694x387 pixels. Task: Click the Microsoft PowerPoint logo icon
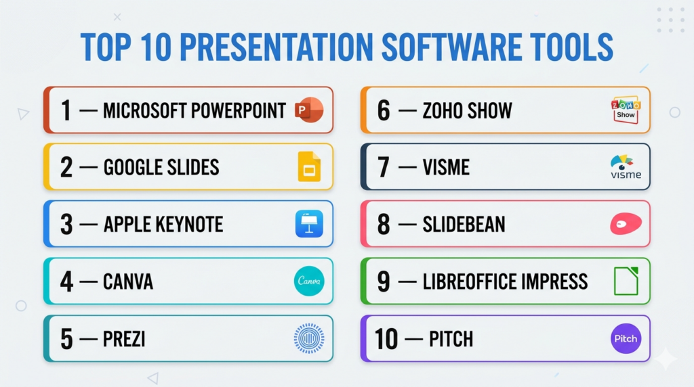pos(309,110)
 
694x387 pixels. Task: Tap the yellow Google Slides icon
pos(309,166)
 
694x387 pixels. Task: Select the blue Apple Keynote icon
pos(309,224)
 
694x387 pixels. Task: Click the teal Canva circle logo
pos(309,281)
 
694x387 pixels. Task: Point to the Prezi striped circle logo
pos(309,338)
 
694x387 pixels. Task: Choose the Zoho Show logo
pos(626,110)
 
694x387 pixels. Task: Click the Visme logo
pos(626,166)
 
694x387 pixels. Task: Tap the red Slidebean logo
pos(626,223)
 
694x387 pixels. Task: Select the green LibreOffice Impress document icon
pos(626,281)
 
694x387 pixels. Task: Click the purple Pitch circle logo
pos(626,338)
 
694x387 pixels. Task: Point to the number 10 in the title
pos(156,47)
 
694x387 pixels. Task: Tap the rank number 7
pos(384,167)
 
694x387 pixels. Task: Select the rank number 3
pos(66,225)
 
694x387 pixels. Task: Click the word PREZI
pos(124,339)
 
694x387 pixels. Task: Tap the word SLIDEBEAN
pos(464,225)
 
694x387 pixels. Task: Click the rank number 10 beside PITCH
pos(386,339)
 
